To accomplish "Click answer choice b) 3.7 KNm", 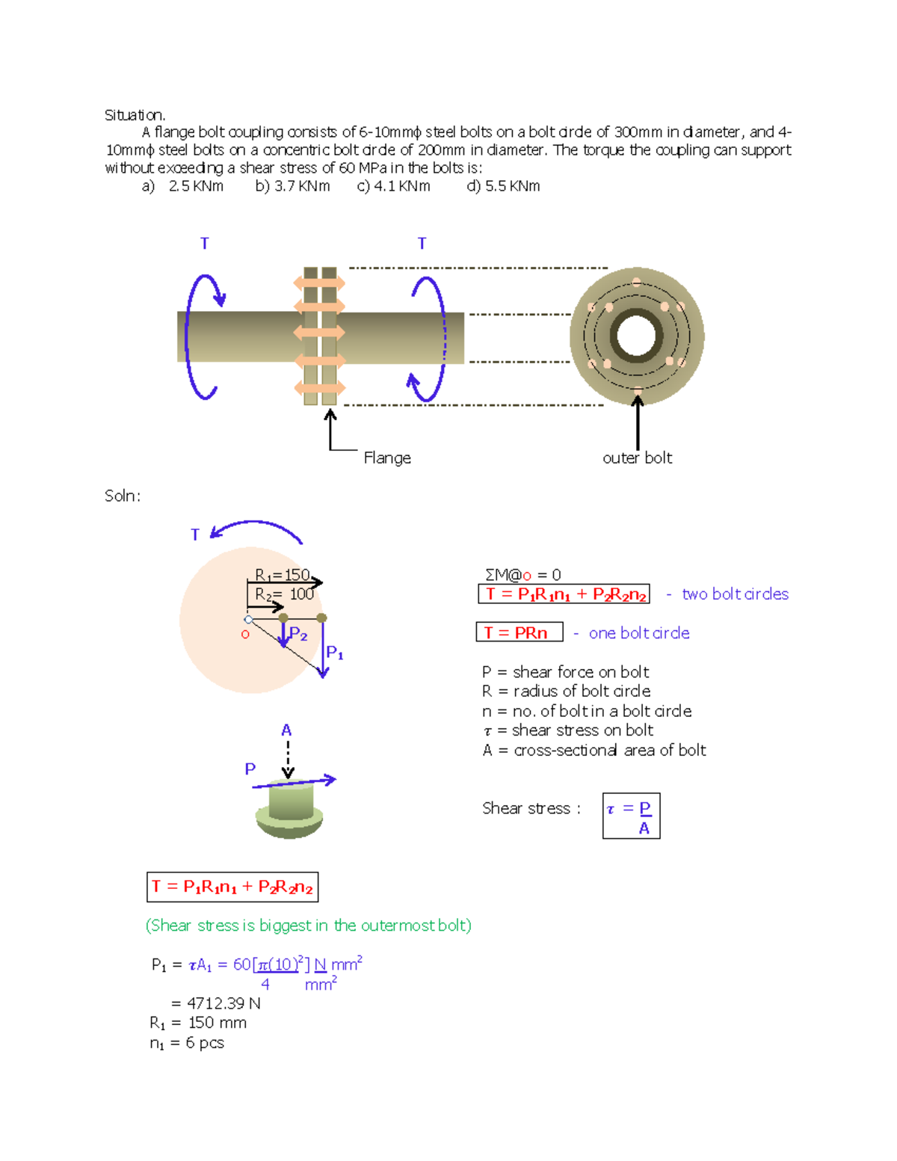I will coord(292,186).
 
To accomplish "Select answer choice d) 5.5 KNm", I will coord(503,186).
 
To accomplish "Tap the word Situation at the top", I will coord(135,115).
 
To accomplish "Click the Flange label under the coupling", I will coord(387,458).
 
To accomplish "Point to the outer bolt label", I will coord(637,458).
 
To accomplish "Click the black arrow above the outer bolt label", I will coord(638,422).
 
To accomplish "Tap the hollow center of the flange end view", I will coord(636,336).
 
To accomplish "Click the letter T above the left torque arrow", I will coord(204,244).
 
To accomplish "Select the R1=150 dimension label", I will coord(282,575).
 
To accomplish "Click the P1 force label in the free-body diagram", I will coord(335,653).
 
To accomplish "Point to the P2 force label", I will coord(298,634).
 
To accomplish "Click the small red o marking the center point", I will coord(245,635).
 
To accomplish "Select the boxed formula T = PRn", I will coord(519,632).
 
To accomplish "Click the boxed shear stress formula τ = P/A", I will coord(631,816).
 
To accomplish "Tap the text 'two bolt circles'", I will coord(735,594).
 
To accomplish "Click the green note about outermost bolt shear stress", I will coord(308,926).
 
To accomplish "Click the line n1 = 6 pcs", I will coord(187,1043).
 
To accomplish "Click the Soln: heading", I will coord(123,496).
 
